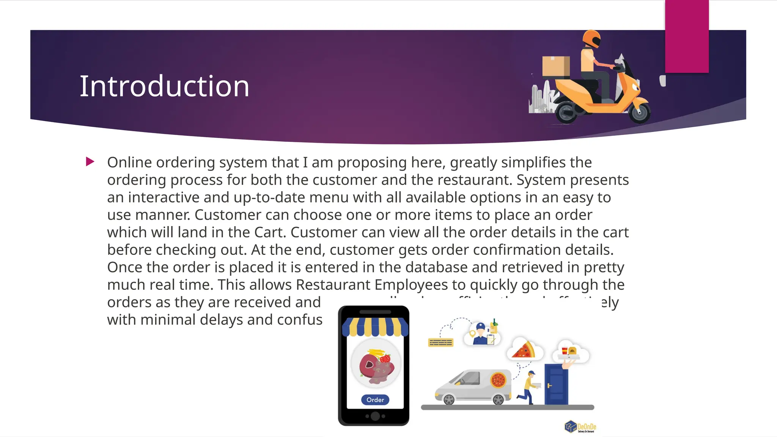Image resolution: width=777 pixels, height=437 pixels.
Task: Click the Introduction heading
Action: pyautogui.click(x=164, y=86)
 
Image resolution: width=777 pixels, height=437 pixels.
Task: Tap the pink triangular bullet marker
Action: pyautogui.click(x=90, y=162)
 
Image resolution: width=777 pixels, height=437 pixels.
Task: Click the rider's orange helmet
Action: pyautogui.click(x=591, y=39)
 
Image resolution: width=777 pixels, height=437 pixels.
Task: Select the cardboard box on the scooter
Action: pyautogui.click(x=556, y=66)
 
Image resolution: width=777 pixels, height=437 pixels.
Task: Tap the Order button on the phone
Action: pyautogui.click(x=375, y=400)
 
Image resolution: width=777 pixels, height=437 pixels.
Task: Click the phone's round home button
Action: pyautogui.click(x=375, y=416)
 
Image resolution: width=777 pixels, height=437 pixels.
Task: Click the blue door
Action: pyautogui.click(x=556, y=384)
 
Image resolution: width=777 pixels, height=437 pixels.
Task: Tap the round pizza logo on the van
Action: pyautogui.click(x=498, y=380)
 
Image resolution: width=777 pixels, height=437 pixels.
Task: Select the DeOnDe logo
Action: pyautogui.click(x=580, y=427)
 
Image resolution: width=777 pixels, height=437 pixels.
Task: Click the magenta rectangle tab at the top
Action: pyautogui.click(x=687, y=36)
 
